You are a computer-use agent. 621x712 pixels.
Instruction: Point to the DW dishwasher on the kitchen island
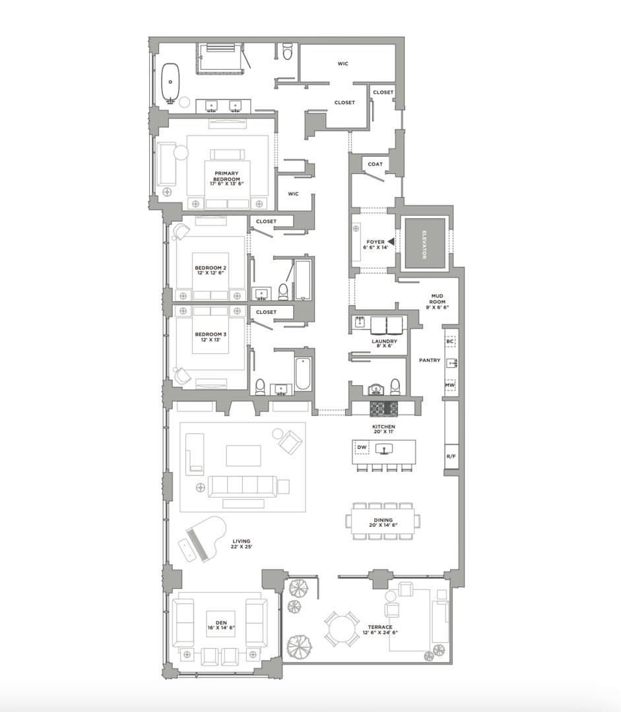coord(362,448)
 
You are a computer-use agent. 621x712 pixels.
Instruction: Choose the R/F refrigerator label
coord(451,456)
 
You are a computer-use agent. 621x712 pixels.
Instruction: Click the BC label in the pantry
coord(450,341)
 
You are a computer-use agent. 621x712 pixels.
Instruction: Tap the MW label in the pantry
coord(450,385)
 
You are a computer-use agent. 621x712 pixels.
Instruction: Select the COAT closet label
coord(375,164)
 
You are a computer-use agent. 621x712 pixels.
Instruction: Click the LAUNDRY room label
coord(383,343)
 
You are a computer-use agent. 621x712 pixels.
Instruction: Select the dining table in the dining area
coord(383,521)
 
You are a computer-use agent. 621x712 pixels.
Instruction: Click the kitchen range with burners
coord(383,409)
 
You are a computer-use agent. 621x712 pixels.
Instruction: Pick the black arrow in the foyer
coord(391,241)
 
